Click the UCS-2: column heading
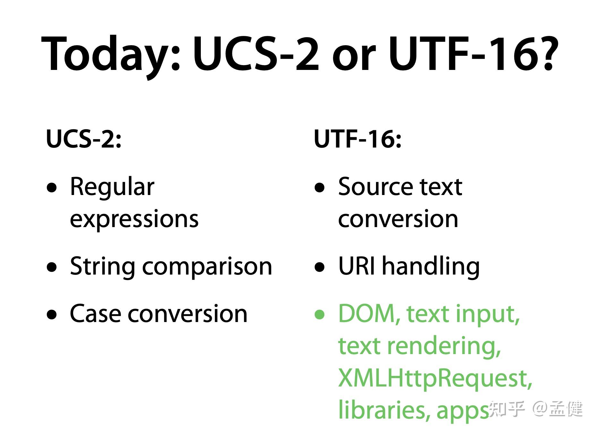(84, 139)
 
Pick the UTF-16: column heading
(358, 139)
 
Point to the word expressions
(134, 220)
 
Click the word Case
(95, 314)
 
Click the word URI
(356, 266)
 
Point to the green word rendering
(444, 347)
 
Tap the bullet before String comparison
(52, 267)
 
